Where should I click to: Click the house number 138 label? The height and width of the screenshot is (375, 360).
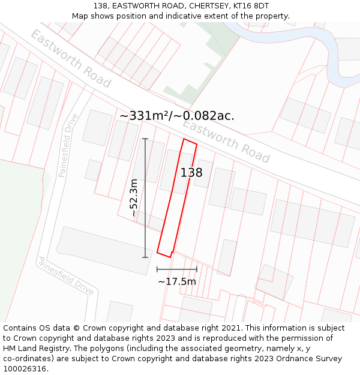tap(191, 173)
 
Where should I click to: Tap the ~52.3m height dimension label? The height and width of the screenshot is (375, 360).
tap(134, 198)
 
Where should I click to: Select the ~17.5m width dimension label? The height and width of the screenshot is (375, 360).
tap(177, 281)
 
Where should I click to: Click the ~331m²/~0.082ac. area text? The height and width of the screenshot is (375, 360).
tap(177, 116)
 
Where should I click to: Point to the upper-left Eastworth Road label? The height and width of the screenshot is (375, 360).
tap(71, 59)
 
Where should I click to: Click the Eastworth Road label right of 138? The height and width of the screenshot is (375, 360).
tap(226, 142)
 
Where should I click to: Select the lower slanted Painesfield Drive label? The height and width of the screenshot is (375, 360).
tap(66, 276)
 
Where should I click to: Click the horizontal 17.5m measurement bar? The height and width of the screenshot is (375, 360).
tap(177, 269)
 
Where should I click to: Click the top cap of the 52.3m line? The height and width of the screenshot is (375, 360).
tap(145, 139)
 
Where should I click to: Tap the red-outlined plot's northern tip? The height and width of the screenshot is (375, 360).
tap(184, 139)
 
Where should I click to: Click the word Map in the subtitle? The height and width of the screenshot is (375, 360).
tap(80, 16)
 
